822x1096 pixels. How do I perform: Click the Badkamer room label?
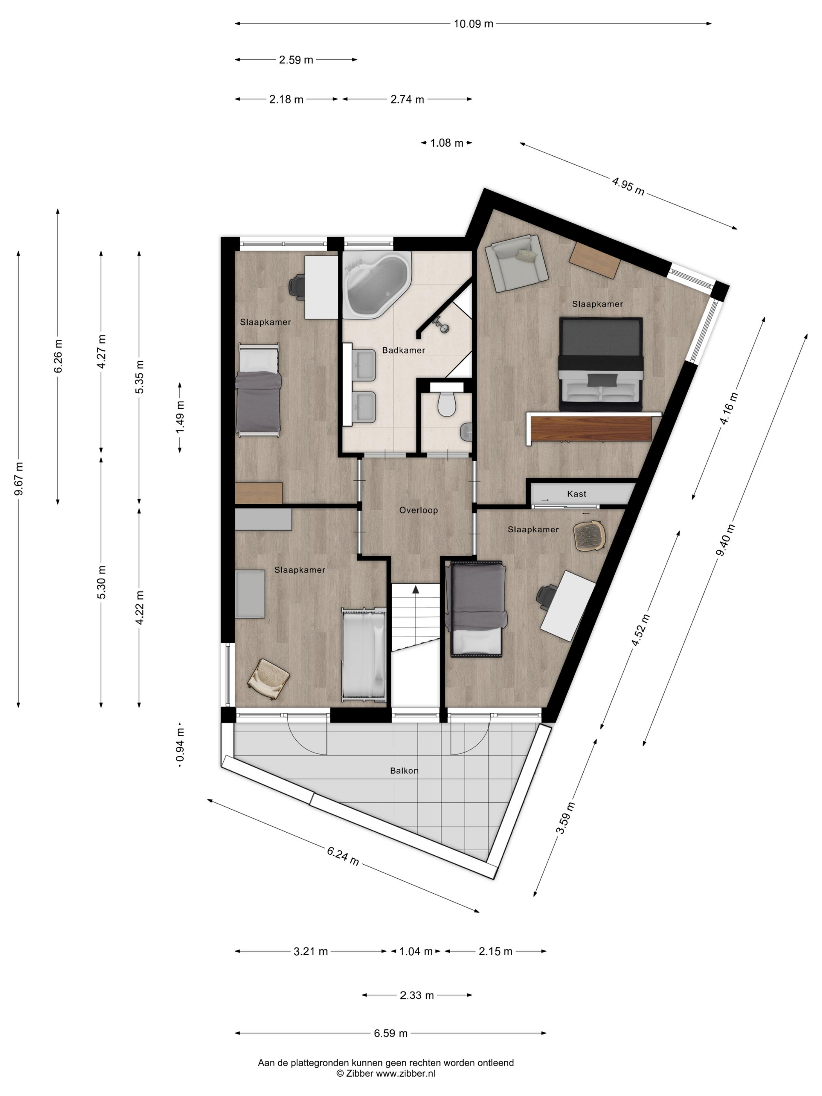pos(403,350)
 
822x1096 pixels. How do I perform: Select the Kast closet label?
pos(576,494)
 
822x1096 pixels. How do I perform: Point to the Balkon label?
pos(404,770)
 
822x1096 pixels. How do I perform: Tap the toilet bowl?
pos(447,404)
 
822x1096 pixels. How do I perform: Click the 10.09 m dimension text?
pos(473,23)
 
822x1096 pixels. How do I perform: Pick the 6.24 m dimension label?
pos(342,856)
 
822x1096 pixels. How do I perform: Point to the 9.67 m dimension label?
pos(18,479)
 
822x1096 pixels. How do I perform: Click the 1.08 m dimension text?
pos(447,143)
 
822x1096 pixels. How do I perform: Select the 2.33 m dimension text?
pos(417,995)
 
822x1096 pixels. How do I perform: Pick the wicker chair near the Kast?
pos(589,535)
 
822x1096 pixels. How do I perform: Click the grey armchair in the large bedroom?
pos(516,263)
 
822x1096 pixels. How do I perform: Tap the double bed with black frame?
pos(600,364)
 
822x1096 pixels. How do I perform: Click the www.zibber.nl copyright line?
pos(386,1073)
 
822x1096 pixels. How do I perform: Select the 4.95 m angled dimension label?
pos(628,186)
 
